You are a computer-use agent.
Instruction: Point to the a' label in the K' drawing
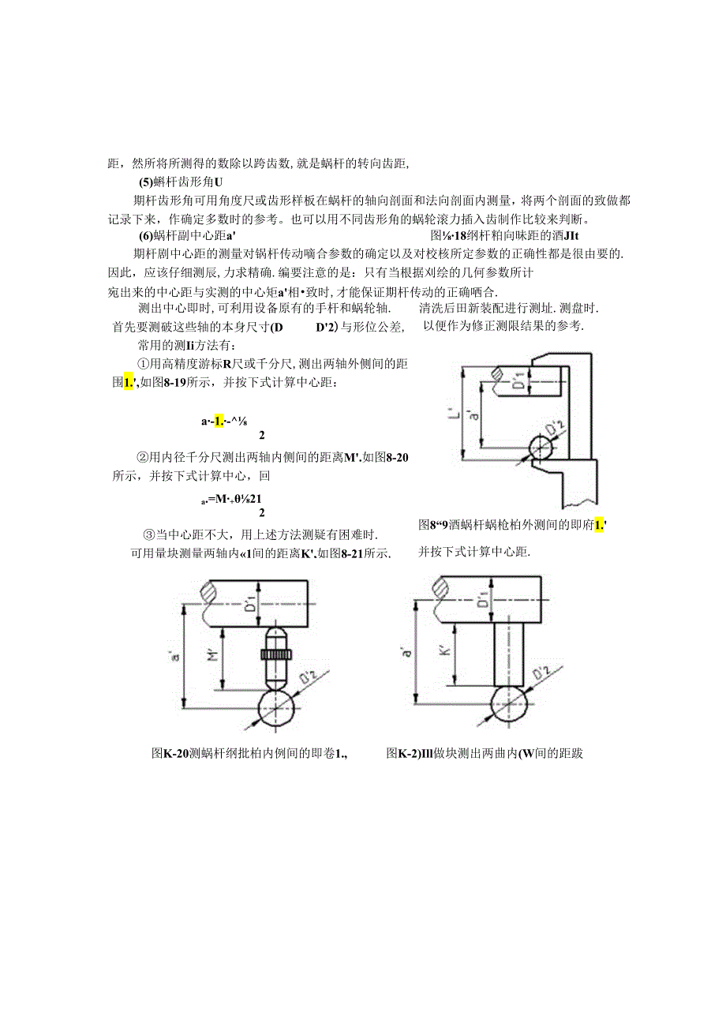point(406,652)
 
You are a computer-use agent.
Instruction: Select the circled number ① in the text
point(143,364)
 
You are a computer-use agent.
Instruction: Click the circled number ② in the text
point(143,456)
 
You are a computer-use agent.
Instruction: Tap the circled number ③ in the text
point(147,534)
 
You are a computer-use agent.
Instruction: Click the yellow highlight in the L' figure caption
point(599,525)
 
